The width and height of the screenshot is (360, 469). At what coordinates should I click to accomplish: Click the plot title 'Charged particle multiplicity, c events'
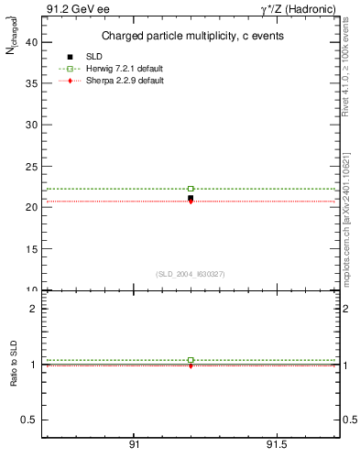pyautogui.click(x=191, y=36)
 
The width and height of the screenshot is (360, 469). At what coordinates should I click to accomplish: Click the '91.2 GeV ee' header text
pyautogui.click(x=77, y=9)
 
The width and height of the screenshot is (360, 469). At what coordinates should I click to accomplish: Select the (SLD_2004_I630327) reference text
pyautogui.click(x=191, y=274)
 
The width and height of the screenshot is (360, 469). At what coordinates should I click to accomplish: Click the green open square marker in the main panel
pyautogui.click(x=191, y=189)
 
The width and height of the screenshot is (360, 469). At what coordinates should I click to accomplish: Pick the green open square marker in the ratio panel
pyautogui.click(x=191, y=360)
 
